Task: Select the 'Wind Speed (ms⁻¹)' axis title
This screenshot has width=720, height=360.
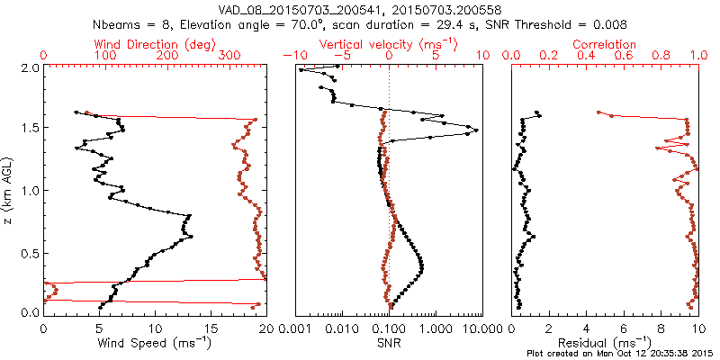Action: pos(154,342)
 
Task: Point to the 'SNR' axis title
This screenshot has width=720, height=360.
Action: pos(388,342)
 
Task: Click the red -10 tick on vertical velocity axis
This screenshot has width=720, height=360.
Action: pos(291,56)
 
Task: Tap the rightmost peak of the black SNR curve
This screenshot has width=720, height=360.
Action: pos(476,130)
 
